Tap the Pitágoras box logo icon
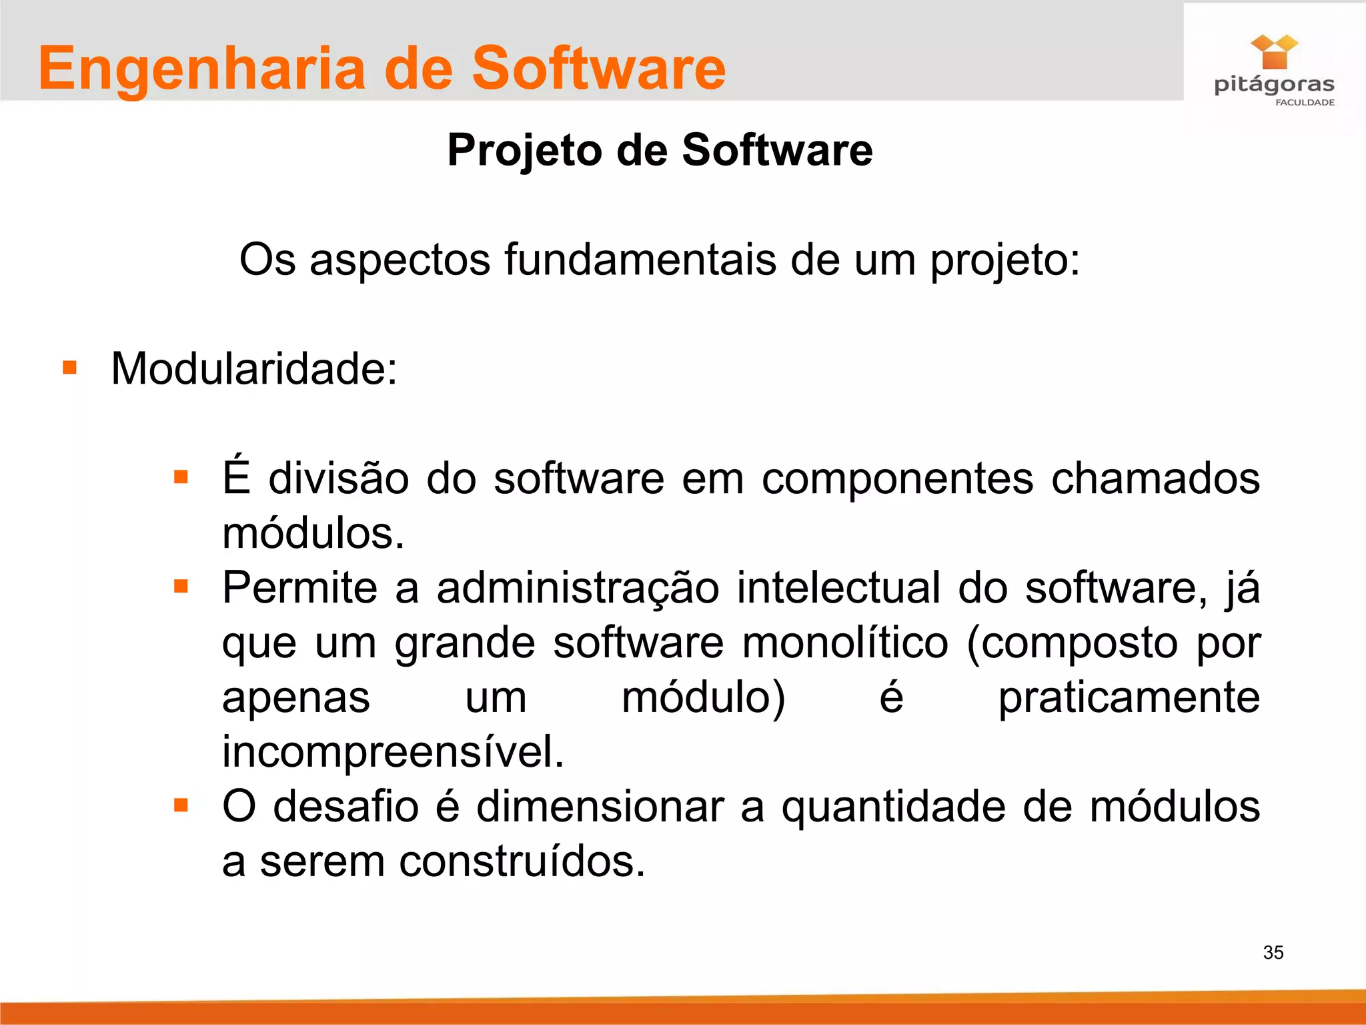pos(1274,52)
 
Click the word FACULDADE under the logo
pos(1305,103)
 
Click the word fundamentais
pos(640,260)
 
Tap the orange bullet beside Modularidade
pos(70,368)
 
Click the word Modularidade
pos(253,369)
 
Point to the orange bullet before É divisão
pos(181,477)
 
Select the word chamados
pos(1155,478)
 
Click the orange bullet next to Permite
pos(181,586)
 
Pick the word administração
pos(578,589)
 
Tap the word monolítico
pos(845,643)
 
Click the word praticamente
pos(1129,699)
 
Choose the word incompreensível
pos(393,752)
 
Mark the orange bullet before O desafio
pos(181,805)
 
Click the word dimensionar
pos(600,807)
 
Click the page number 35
pos(1273,952)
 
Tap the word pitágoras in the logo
pos(1273,85)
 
